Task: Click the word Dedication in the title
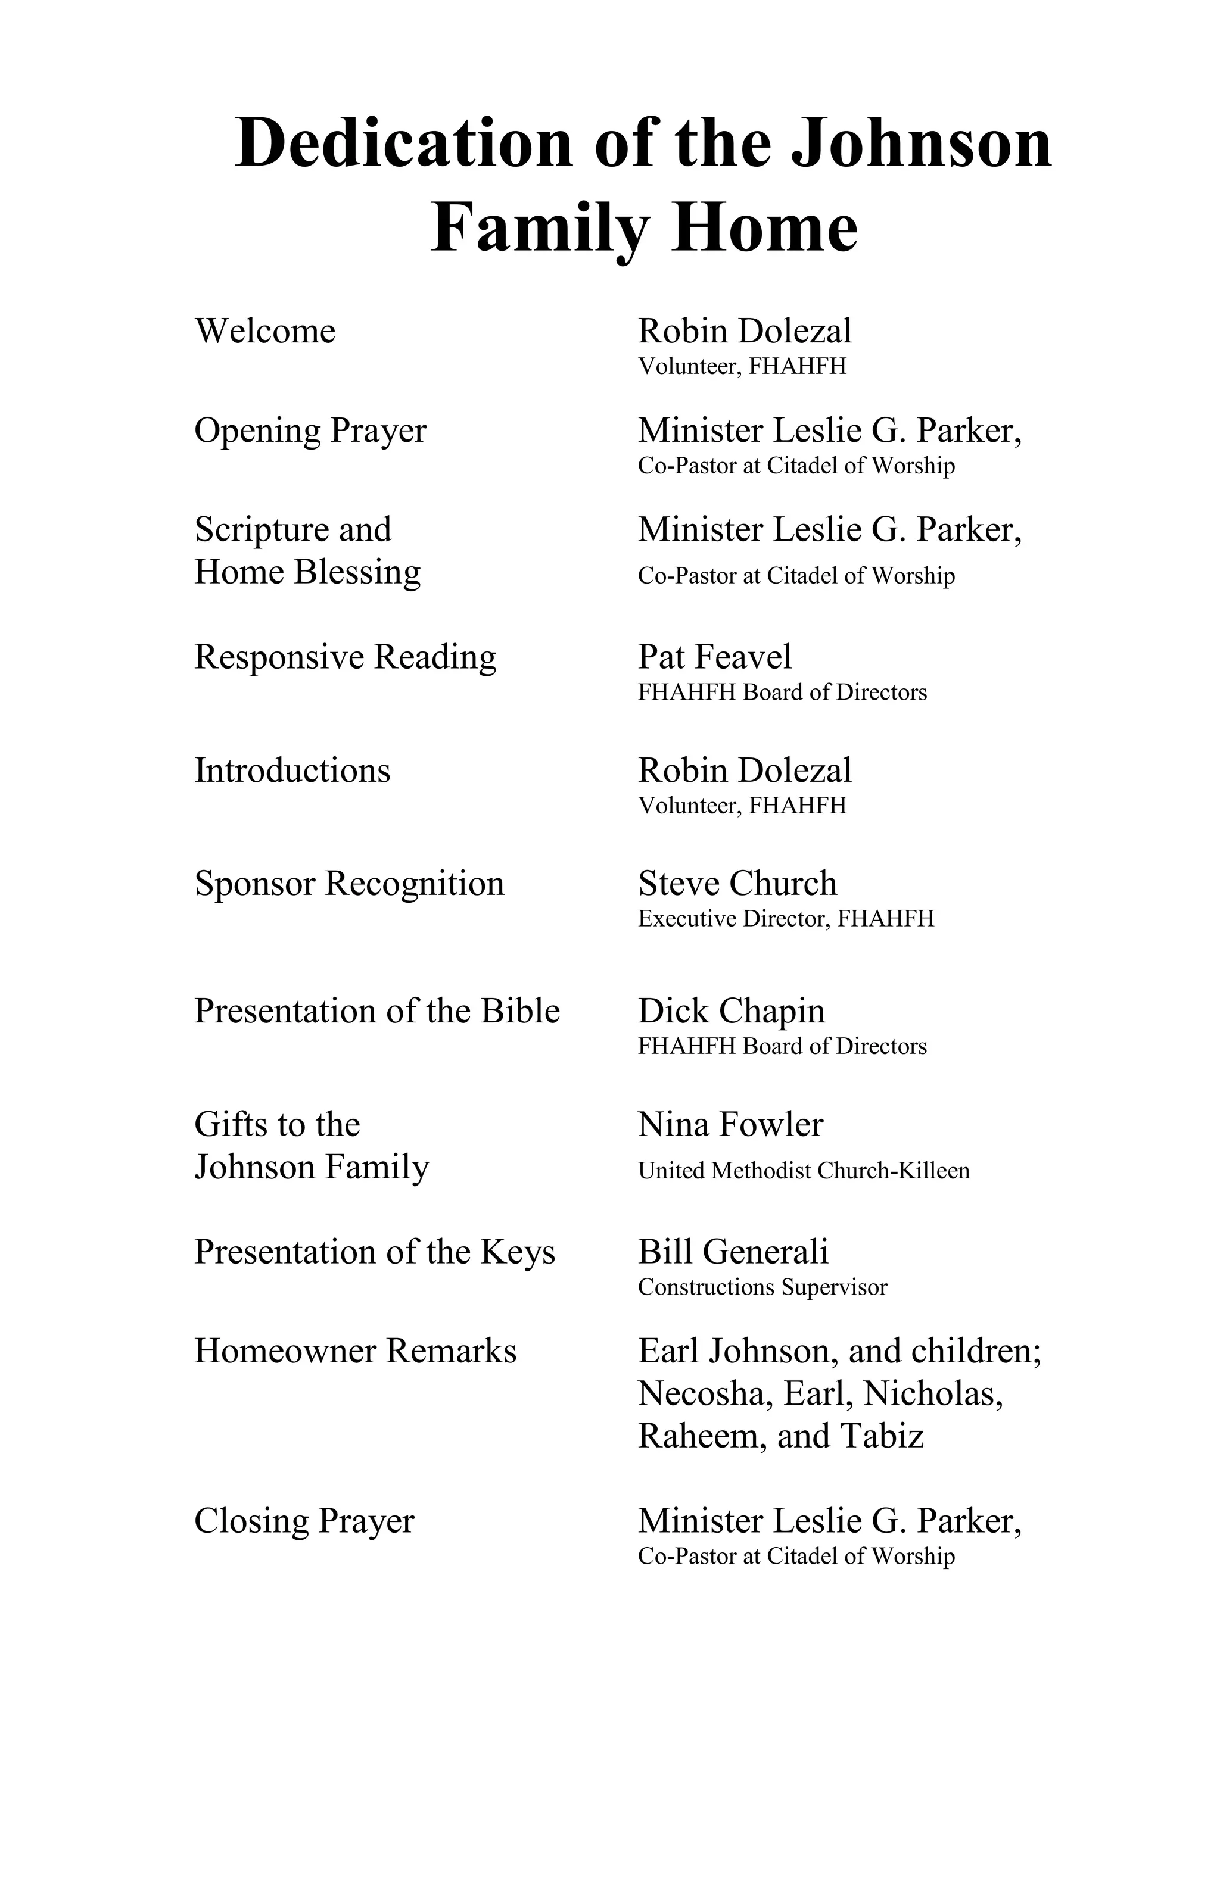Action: pyautogui.click(x=403, y=144)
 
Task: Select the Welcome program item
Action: pyautogui.click(x=264, y=331)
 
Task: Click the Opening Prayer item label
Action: pyautogui.click(x=310, y=431)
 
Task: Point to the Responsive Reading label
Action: pyautogui.click(x=344, y=657)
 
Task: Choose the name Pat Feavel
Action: pyautogui.click(x=714, y=657)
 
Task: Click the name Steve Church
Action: pyautogui.click(x=737, y=884)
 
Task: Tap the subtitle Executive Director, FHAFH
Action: pyautogui.click(x=785, y=919)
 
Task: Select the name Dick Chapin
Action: pyautogui.click(x=731, y=1011)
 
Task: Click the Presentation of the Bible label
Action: pyautogui.click(x=377, y=1011)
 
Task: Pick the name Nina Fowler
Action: pyautogui.click(x=730, y=1124)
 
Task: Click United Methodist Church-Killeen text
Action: pyautogui.click(x=803, y=1171)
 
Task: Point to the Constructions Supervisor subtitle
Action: pyautogui.click(x=762, y=1287)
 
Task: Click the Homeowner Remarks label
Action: pyautogui.click(x=354, y=1350)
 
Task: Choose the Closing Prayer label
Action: pyautogui.click(x=304, y=1521)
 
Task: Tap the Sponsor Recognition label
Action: pyautogui.click(x=348, y=884)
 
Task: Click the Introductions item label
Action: pyautogui.click(x=292, y=771)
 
